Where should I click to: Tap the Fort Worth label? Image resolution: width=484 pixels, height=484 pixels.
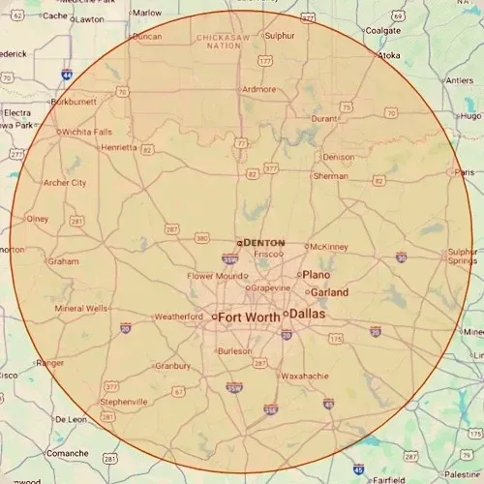pos(249,317)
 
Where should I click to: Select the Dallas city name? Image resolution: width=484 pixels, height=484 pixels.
pos(309,315)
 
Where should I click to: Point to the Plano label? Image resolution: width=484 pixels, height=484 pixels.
pos(317,275)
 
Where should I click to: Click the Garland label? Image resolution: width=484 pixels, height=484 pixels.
pos(330,291)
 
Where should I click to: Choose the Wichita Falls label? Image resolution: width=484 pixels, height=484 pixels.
pos(89,132)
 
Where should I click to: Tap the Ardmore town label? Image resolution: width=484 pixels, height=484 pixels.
pos(258,89)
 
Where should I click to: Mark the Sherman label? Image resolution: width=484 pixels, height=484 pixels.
pos(331,176)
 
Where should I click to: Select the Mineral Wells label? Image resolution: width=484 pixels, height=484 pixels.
pos(81,309)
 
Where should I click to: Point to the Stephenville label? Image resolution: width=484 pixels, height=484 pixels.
pos(124,401)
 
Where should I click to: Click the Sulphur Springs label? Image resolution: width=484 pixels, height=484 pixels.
pos(461,257)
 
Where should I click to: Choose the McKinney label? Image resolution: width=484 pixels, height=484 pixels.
pos(330,247)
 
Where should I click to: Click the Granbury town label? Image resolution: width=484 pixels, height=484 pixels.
pos(173,366)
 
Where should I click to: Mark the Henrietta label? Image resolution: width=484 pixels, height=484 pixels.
pos(119,147)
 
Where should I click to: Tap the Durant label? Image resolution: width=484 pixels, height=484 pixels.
pos(324,118)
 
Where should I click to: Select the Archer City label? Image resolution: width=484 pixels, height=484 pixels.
pos(65,182)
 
